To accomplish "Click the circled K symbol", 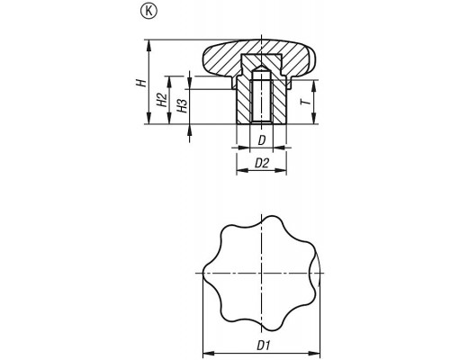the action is coord(148,12).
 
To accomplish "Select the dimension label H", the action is coord(141,83).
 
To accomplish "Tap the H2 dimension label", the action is coord(162,100).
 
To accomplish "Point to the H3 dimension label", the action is coord(182,105).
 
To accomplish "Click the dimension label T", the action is coord(306,102).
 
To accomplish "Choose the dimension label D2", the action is coord(262,163).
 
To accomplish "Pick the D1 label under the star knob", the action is coord(264,346).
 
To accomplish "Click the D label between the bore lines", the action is coord(262,140).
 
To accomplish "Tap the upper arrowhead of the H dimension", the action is coord(148,46).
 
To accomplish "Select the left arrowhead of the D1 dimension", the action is coord(209,352).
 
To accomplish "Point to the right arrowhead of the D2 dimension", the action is coord(281,170).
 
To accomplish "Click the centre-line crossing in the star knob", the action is coord(262,273).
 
